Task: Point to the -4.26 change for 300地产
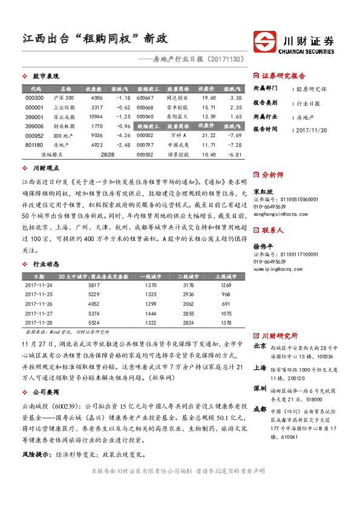click(x=123, y=135)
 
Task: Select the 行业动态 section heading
click(x=46, y=264)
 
